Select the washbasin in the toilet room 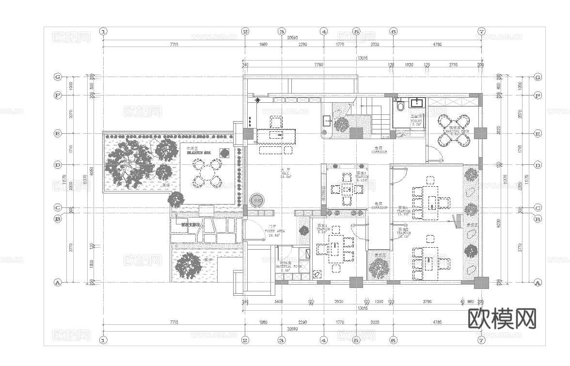point(416,102)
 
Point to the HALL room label point(285,174)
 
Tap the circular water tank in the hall point(256,200)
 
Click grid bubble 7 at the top point(481,32)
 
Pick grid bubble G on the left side point(57,77)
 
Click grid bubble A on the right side point(537,282)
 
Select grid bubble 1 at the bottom point(103,340)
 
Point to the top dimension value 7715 point(174,44)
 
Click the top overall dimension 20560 point(292,38)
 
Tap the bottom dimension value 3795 point(427,302)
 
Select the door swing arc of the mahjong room point(437,156)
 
